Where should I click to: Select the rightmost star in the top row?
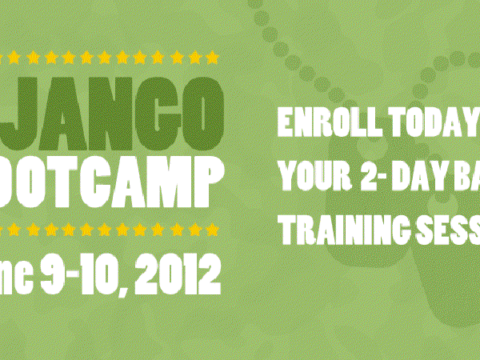click(x=211, y=58)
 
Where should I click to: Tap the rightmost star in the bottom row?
click(x=211, y=229)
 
